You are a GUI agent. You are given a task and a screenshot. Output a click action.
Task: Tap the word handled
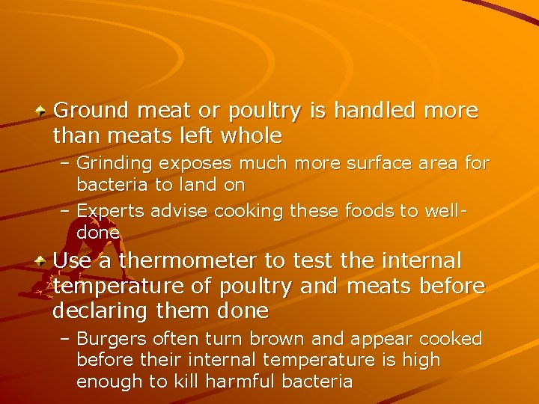[x=374, y=111]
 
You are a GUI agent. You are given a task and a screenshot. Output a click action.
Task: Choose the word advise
[x=180, y=211]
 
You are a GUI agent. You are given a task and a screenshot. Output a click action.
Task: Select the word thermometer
[x=192, y=261]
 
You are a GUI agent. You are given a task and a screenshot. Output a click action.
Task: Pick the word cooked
[x=450, y=339]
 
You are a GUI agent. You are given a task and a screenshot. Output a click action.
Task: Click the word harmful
[x=244, y=381]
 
